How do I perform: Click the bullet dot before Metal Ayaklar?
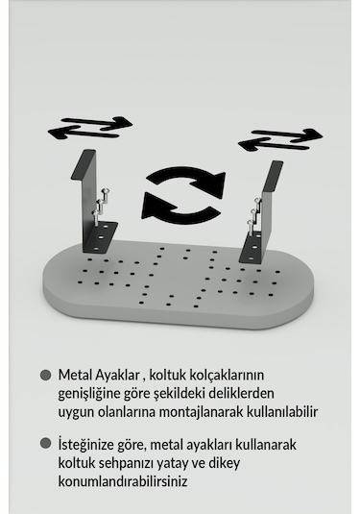click(x=44, y=375)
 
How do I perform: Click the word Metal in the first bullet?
click(x=75, y=375)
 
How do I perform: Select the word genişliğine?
click(x=92, y=393)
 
